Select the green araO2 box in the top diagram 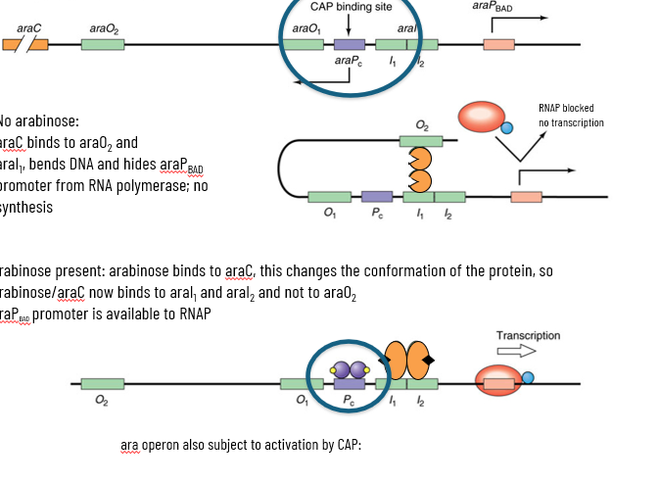(102, 45)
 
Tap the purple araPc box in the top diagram (349, 45)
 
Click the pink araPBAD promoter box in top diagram (498, 45)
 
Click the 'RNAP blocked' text (566, 108)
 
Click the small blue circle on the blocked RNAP (506, 127)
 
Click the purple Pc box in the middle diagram (377, 197)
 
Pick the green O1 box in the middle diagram (329, 197)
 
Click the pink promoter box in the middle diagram (526, 197)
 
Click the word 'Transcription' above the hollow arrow (528, 335)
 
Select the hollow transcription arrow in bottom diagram (516, 351)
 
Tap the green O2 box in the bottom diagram (102, 384)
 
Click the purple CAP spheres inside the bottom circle (348, 370)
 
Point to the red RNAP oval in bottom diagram (499, 382)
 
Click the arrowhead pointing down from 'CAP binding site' (349, 34)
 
